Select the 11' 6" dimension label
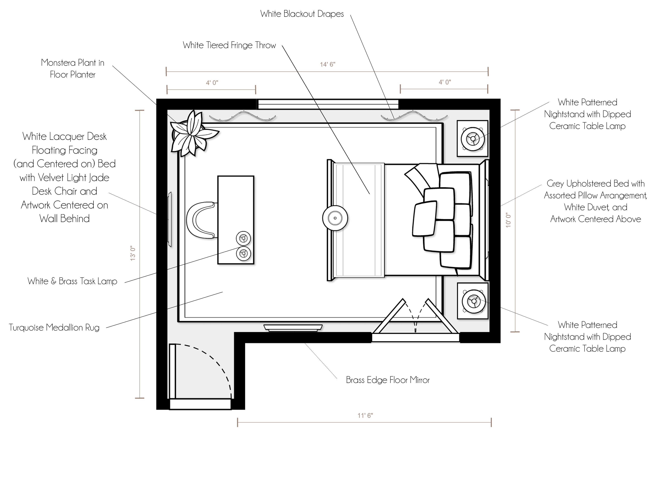(365, 416)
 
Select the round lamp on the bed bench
(335, 218)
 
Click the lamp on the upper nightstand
(472, 138)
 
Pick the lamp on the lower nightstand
(474, 301)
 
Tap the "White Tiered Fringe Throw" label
(229, 45)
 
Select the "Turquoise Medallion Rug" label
(54, 328)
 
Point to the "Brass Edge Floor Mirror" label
(388, 380)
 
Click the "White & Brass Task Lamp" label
(72, 281)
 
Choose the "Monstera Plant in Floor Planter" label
(73, 69)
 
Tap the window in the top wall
(328, 104)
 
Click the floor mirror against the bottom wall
(293, 328)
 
